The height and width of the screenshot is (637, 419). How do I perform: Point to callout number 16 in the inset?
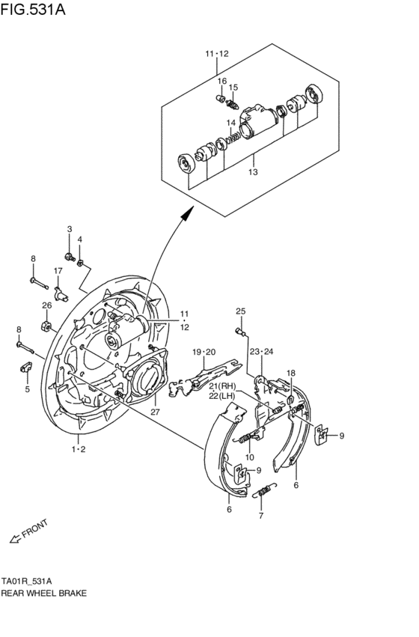tap(221, 81)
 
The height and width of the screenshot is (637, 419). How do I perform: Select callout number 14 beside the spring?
tap(231, 123)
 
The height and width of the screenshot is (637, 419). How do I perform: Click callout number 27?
tap(154, 410)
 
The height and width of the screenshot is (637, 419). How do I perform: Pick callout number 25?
tap(240, 311)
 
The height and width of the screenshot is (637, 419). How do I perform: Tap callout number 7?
tap(260, 516)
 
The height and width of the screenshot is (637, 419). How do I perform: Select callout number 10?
tap(250, 457)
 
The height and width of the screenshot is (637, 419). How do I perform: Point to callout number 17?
tap(57, 270)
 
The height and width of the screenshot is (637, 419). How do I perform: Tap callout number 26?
tap(46, 305)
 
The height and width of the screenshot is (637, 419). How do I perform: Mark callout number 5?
tap(26, 389)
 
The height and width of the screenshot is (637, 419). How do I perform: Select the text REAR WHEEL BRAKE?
tap(43, 592)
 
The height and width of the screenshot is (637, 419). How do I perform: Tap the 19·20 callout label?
tap(203, 352)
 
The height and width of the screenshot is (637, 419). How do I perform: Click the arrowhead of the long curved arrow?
tap(185, 215)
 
